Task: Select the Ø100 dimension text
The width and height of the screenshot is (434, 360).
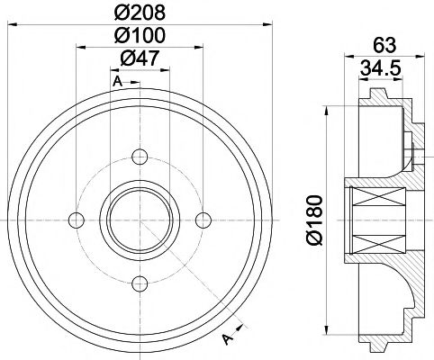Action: (140, 37)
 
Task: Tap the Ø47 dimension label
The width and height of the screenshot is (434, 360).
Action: (140, 58)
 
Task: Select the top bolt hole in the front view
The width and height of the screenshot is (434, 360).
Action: (140, 157)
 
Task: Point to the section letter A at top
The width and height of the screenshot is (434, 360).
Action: (117, 82)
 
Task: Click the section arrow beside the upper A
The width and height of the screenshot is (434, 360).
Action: (133, 82)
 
